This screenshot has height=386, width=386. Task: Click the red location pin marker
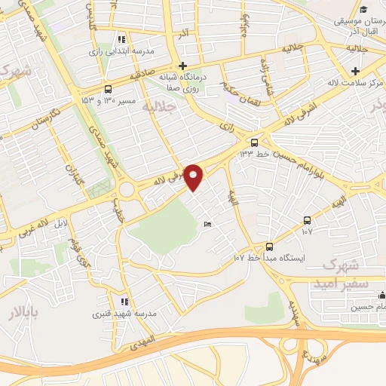click(194, 176)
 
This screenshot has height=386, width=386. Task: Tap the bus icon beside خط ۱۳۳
click(254, 142)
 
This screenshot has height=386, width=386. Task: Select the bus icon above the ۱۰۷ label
click(307, 220)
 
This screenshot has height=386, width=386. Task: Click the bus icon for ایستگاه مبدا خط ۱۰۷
click(269, 246)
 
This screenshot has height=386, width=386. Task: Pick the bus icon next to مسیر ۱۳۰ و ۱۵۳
click(108, 88)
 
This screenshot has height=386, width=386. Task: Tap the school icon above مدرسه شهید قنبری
click(122, 301)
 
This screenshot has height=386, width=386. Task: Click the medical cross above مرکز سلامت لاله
click(354, 71)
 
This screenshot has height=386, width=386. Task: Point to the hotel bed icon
click(209, 224)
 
